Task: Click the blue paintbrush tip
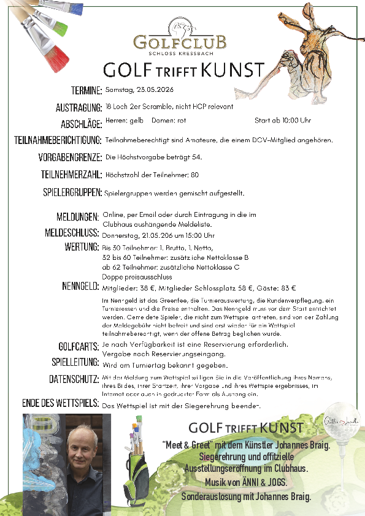(x=74, y=9)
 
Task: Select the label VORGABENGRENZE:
(x=69, y=157)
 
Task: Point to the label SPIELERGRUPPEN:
(x=72, y=193)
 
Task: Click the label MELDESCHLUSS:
(x=72, y=233)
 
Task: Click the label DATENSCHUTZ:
(x=74, y=379)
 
